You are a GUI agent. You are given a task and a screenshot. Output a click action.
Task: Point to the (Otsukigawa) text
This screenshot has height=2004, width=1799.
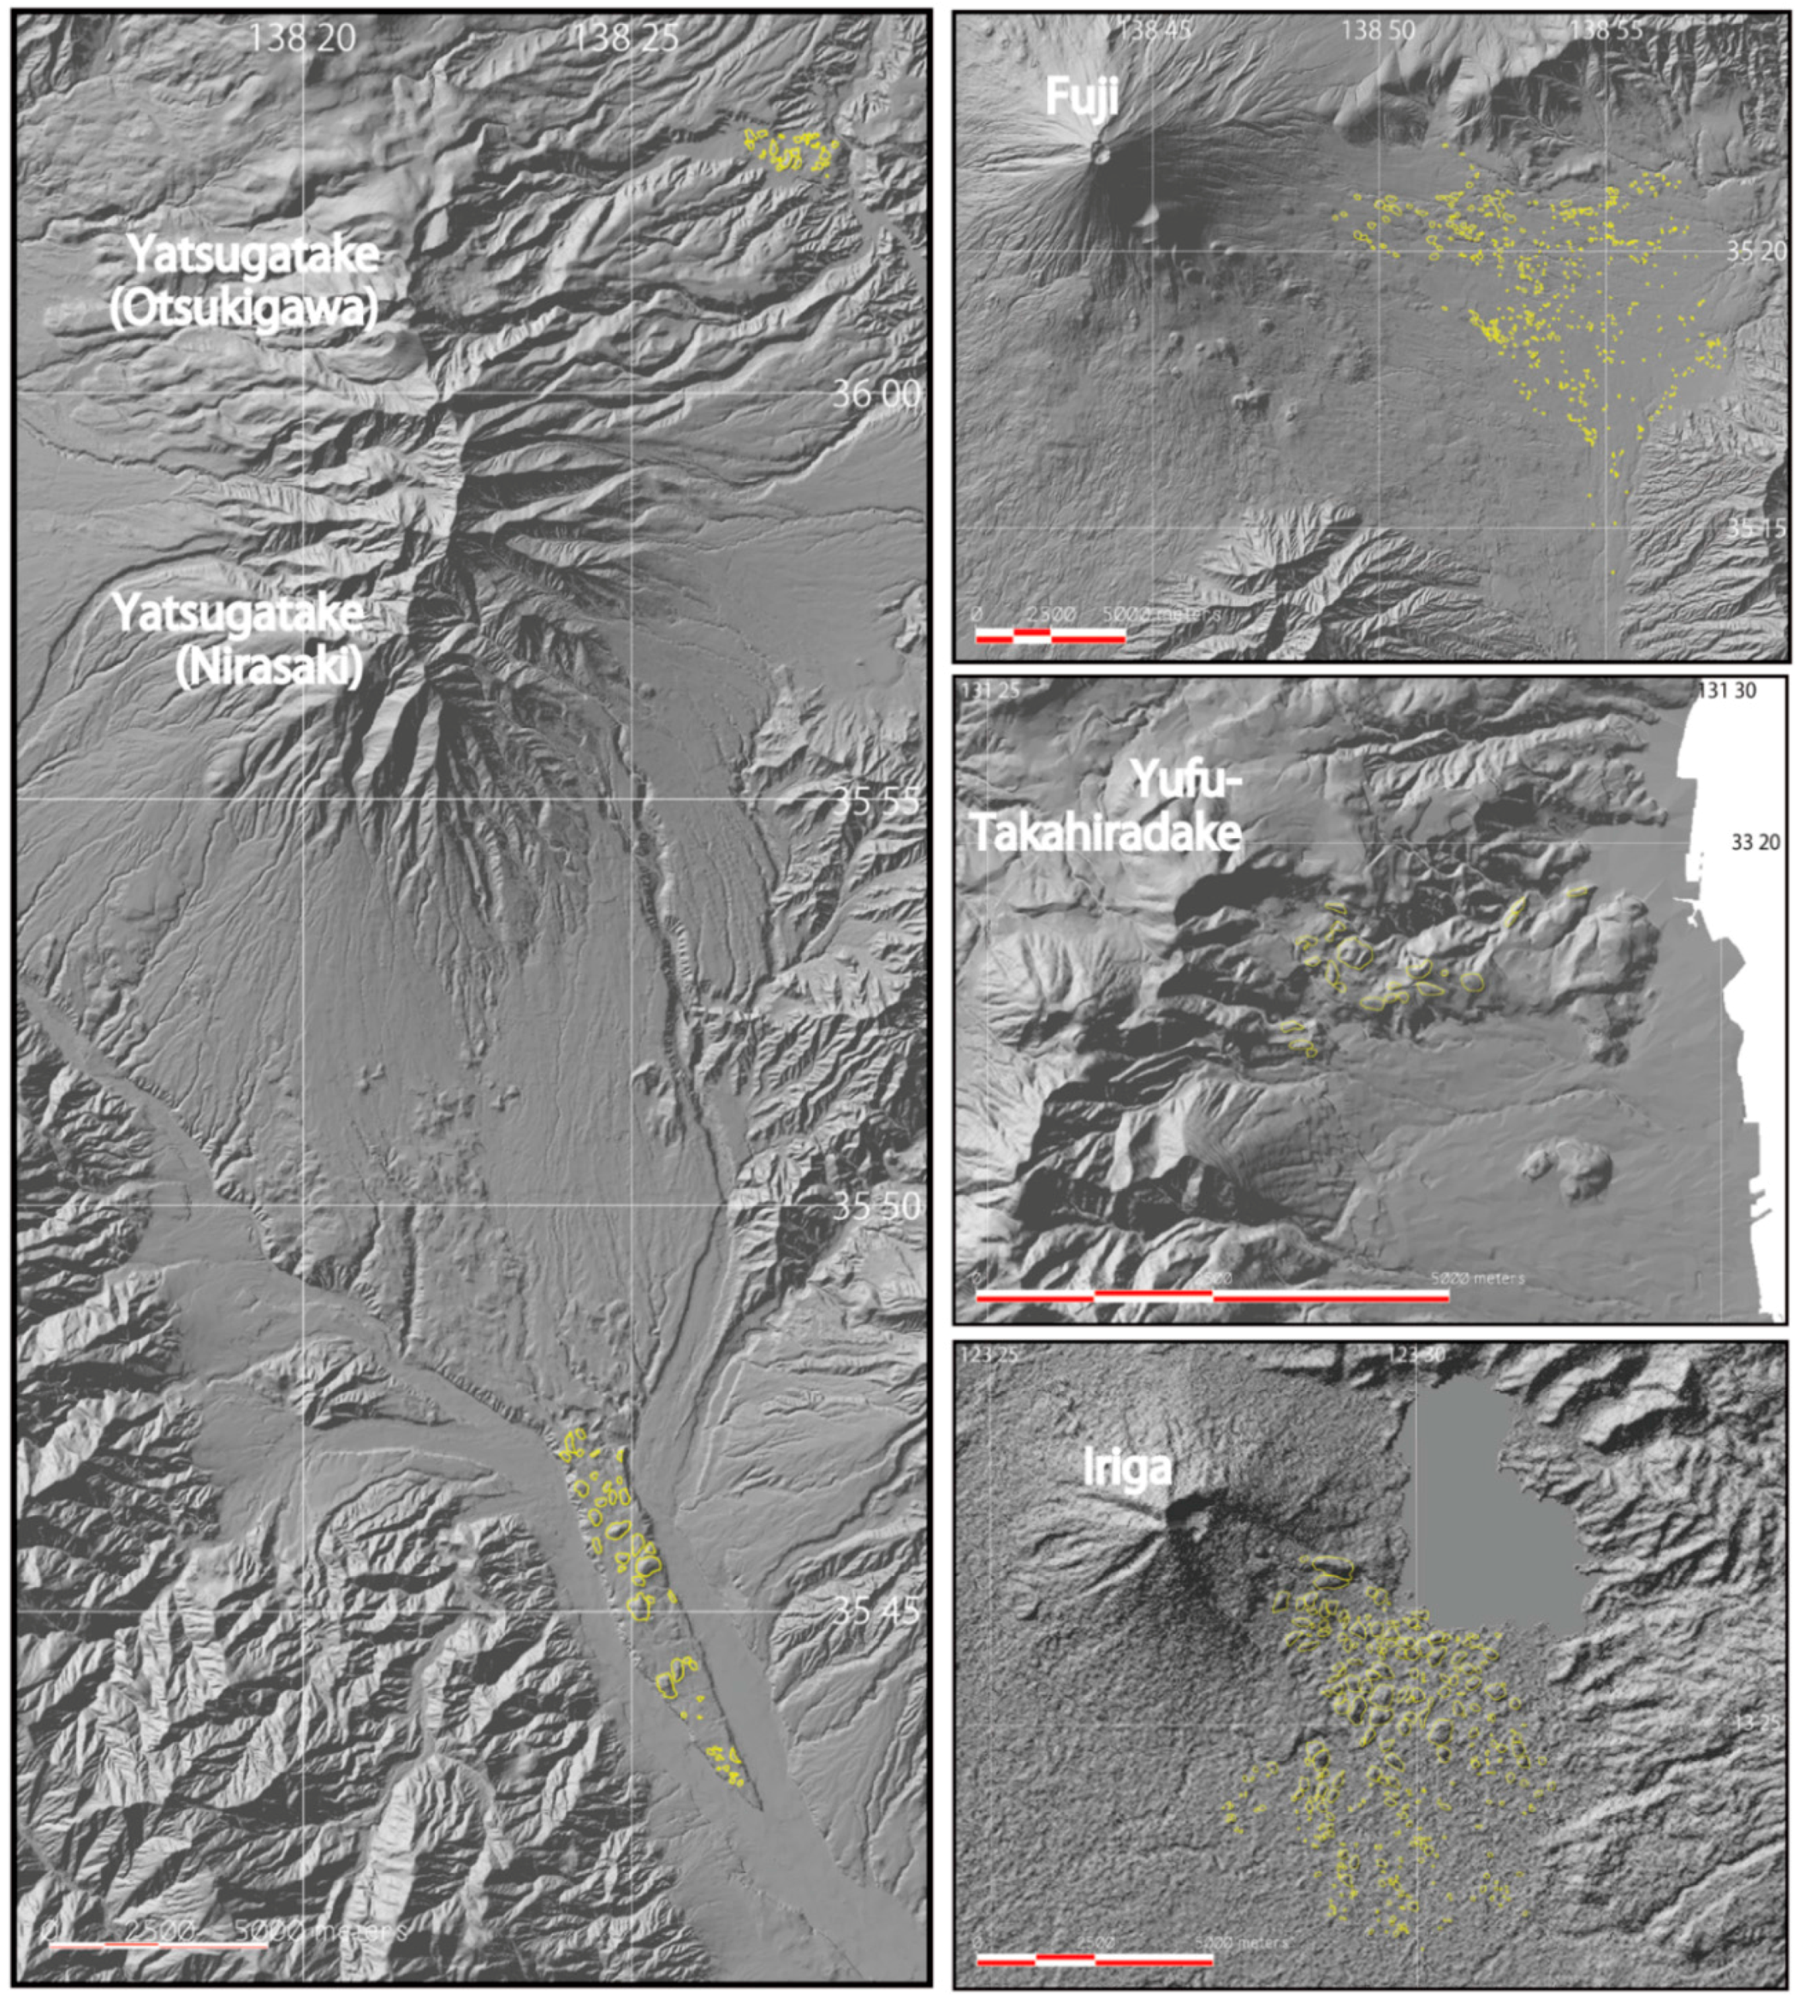tap(243, 309)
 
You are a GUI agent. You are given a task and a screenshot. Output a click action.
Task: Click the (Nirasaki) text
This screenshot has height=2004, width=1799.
tap(268, 668)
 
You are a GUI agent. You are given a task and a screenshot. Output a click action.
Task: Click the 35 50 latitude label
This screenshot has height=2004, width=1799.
tap(876, 1206)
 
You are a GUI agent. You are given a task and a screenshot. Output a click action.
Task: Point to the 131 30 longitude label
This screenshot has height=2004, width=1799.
tap(1726, 691)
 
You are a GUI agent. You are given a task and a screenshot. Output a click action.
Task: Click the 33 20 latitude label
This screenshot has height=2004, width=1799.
tap(1755, 842)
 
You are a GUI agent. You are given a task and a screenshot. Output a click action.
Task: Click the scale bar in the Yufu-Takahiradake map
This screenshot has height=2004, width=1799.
tap(1212, 1295)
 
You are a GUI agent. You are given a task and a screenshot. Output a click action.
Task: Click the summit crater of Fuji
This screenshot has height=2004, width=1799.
tap(1099, 151)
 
